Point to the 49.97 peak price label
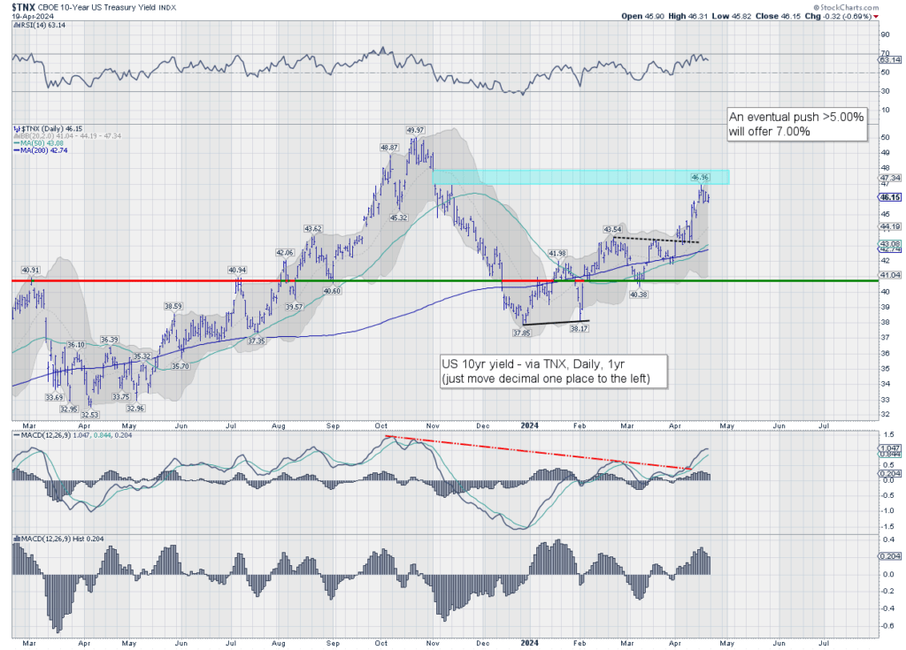[416, 130]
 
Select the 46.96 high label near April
[701, 178]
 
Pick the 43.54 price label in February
[611, 229]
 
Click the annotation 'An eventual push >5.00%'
[796, 117]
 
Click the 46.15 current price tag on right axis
[889, 198]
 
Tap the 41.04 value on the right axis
[888, 275]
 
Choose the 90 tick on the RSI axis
[884, 35]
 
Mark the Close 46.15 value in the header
[786, 16]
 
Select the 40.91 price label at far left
[31, 270]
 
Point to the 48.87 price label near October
[390, 148]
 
